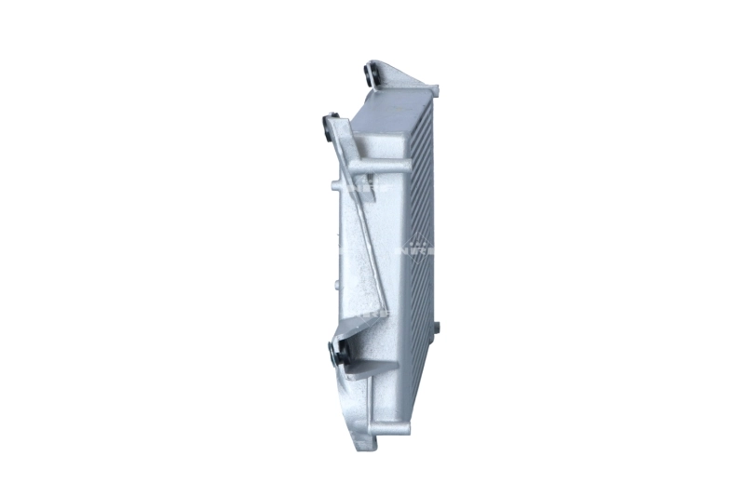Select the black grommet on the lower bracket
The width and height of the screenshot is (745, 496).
336,352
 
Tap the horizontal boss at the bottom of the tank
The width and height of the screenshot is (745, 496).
391,425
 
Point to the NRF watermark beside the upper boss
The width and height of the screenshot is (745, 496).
347,186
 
